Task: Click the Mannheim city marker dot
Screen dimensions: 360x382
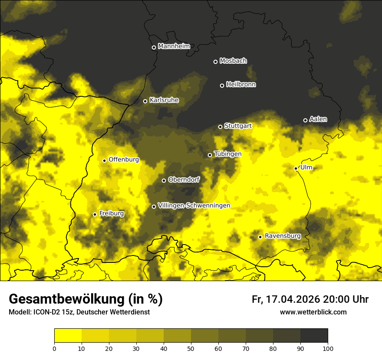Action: coord(154,48)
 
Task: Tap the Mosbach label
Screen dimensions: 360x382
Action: coord(233,61)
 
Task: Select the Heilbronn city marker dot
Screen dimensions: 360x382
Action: coord(222,85)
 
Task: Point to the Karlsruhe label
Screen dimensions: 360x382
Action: coord(164,100)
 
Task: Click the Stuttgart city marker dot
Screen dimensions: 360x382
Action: coord(220,127)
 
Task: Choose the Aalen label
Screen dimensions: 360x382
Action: coord(318,119)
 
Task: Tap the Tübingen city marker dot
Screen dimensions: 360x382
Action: coord(210,155)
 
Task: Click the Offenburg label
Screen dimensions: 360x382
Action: coord(124,160)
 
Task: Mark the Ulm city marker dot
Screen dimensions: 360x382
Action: coord(296,168)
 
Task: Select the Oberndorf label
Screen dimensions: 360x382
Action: coord(184,180)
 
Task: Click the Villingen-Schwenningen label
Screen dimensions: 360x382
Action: coord(194,206)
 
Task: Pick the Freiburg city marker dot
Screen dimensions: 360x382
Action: coord(95,214)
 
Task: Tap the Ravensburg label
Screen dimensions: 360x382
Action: coord(283,236)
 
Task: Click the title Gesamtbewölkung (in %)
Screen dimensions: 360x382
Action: coord(86,299)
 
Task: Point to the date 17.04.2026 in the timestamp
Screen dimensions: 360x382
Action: coord(293,299)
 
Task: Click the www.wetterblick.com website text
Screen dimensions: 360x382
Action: coord(313,312)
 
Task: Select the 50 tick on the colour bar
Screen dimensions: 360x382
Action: coord(191,348)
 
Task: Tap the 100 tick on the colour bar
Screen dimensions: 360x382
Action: coord(328,348)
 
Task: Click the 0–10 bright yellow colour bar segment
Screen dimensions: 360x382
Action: coord(68,335)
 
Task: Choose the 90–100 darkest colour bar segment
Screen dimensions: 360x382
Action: coord(314,335)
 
